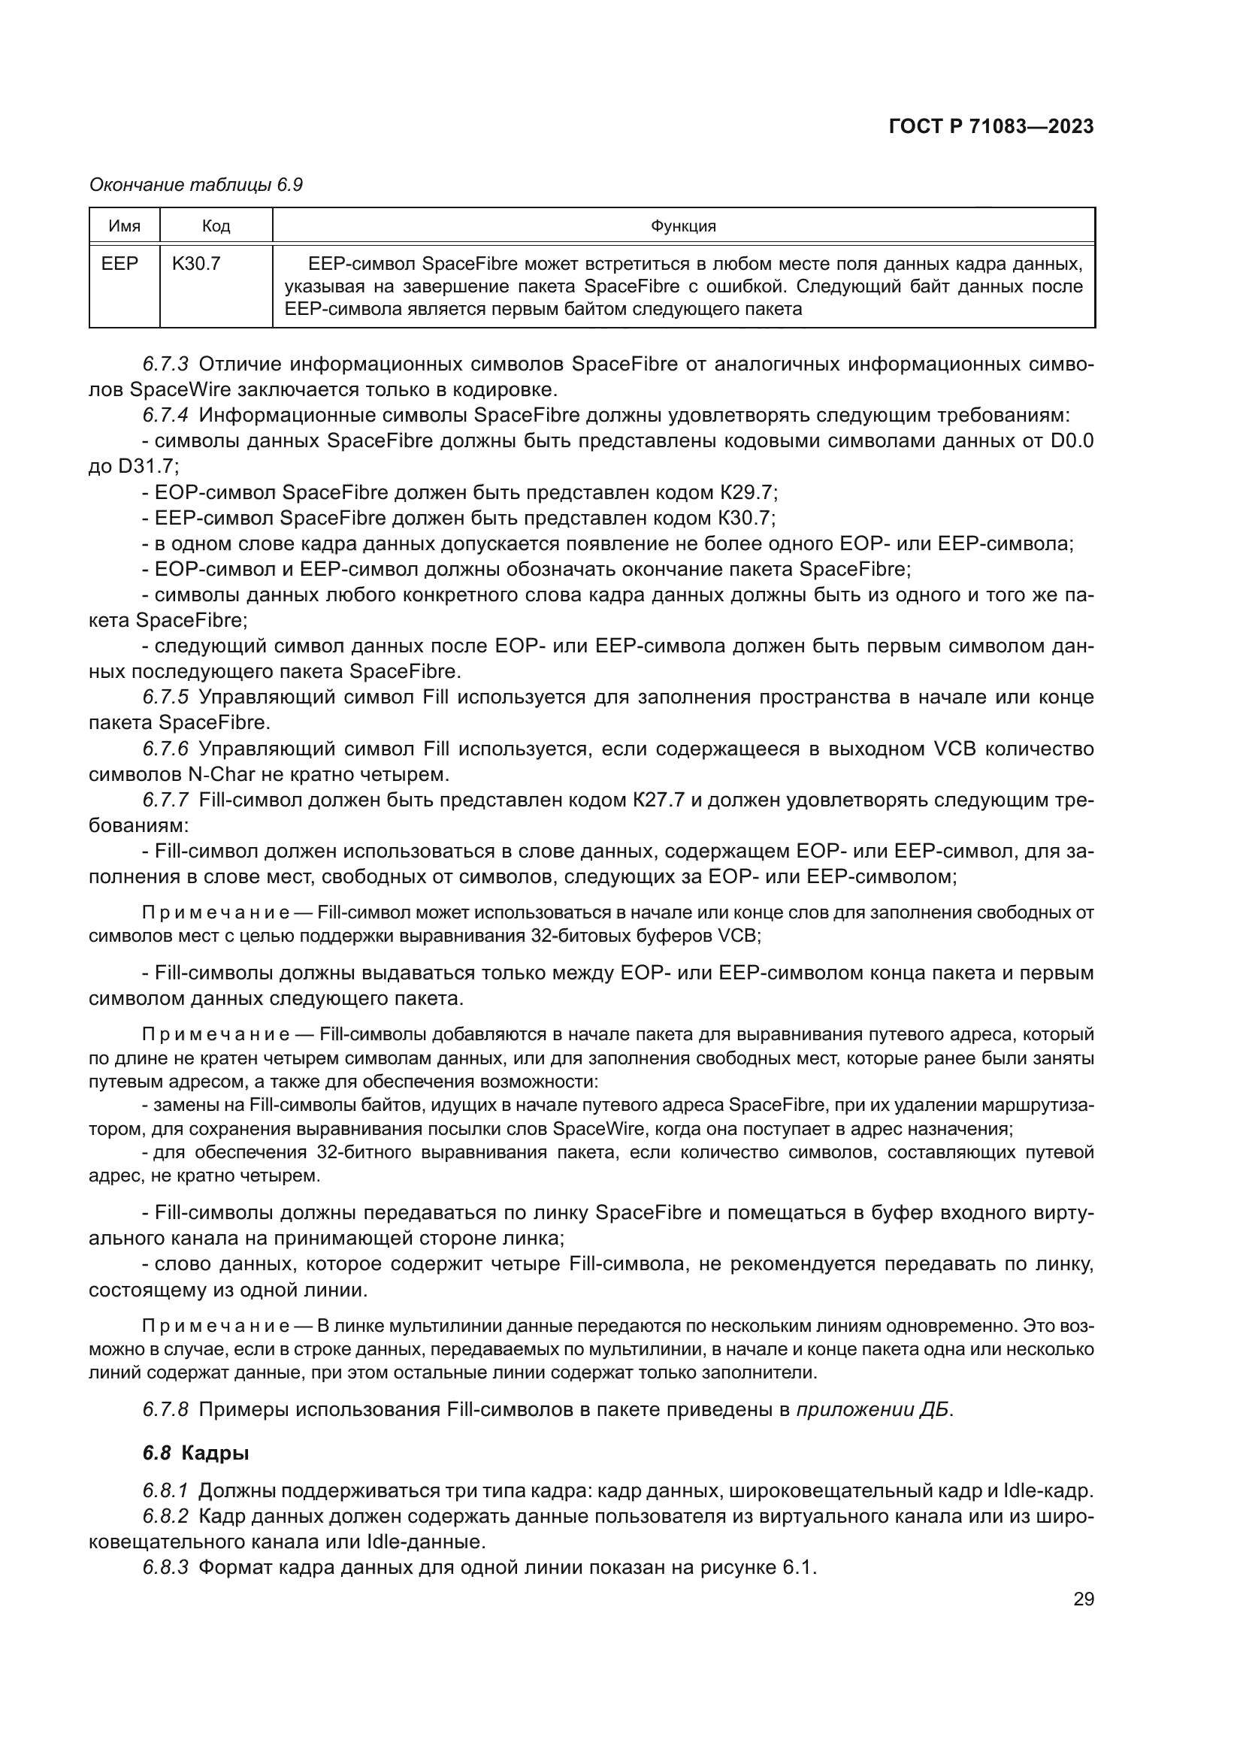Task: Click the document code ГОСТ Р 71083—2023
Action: point(990,127)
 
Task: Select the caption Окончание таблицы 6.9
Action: point(196,185)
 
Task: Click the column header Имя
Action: point(124,226)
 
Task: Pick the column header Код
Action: point(216,226)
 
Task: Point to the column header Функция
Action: point(682,226)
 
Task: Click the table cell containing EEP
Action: point(120,264)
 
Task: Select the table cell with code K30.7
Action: point(197,264)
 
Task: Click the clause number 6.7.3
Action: point(165,364)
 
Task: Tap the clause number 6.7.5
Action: point(165,697)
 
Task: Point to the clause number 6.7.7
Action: point(165,800)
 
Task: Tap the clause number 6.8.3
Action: point(165,1567)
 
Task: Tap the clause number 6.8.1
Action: point(165,1490)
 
